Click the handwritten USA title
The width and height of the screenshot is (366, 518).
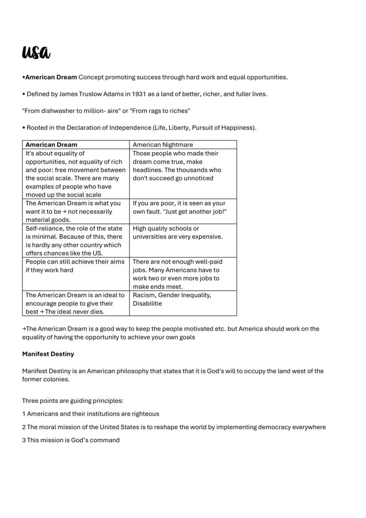point(36,52)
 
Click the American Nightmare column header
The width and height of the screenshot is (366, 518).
point(163,145)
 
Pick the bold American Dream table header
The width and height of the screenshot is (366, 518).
point(51,145)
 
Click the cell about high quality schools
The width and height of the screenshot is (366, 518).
point(178,233)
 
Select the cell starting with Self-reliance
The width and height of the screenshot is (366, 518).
point(74,241)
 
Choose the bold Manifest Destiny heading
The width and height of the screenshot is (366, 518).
point(48,354)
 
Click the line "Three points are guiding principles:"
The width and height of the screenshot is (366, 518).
point(72,401)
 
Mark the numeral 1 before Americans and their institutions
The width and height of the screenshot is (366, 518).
point(24,414)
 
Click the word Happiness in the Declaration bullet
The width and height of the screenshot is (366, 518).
point(240,128)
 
